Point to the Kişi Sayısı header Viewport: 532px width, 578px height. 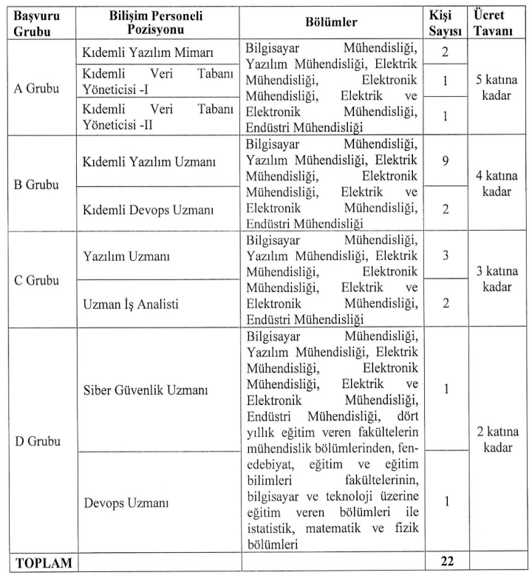[x=446, y=21]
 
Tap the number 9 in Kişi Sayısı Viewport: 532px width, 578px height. [x=446, y=160]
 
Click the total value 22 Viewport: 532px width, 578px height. [x=446, y=562]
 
